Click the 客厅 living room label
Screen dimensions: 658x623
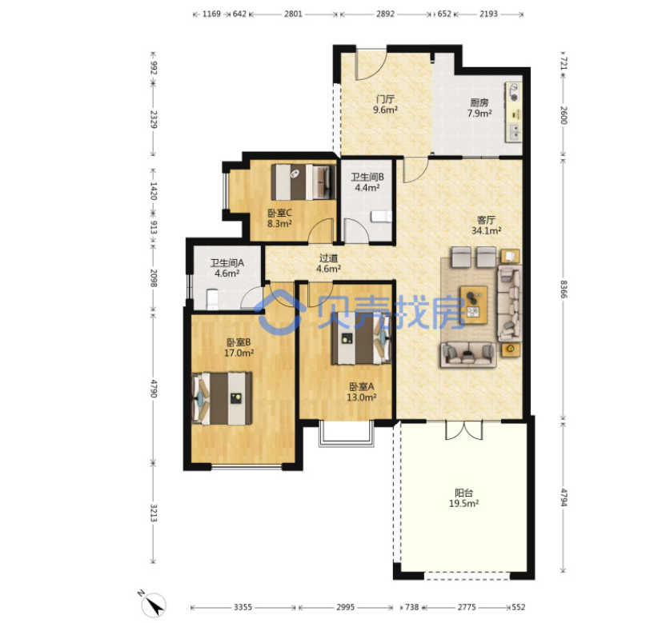click(x=486, y=220)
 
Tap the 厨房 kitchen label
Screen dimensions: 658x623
click(x=479, y=102)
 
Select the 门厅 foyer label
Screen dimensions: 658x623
click(x=385, y=99)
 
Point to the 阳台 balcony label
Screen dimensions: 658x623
click(x=463, y=493)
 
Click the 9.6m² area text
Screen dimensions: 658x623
click(x=385, y=110)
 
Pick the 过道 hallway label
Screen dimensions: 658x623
click(x=328, y=258)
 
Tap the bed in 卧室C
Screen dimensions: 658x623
click(x=303, y=182)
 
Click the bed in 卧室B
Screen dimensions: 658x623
click(x=222, y=398)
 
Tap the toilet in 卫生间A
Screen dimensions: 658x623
click(x=212, y=299)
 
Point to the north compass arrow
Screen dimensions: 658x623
click(x=154, y=605)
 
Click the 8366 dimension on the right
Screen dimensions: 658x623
click(x=564, y=289)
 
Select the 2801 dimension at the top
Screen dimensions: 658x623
click(x=293, y=14)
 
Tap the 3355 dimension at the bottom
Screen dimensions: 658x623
click(x=243, y=607)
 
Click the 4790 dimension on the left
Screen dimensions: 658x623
click(x=154, y=389)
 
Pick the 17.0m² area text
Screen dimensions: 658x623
click(x=239, y=353)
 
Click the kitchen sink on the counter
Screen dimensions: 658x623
click(x=514, y=132)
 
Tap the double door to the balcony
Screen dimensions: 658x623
click(x=463, y=430)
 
